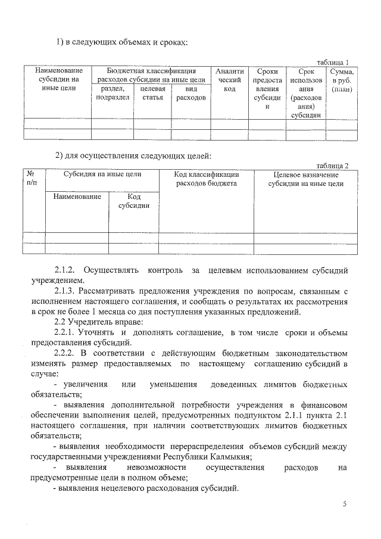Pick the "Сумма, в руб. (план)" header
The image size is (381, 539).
(x=342, y=80)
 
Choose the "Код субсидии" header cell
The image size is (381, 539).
(x=134, y=201)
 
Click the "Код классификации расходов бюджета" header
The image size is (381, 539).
(x=206, y=179)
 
